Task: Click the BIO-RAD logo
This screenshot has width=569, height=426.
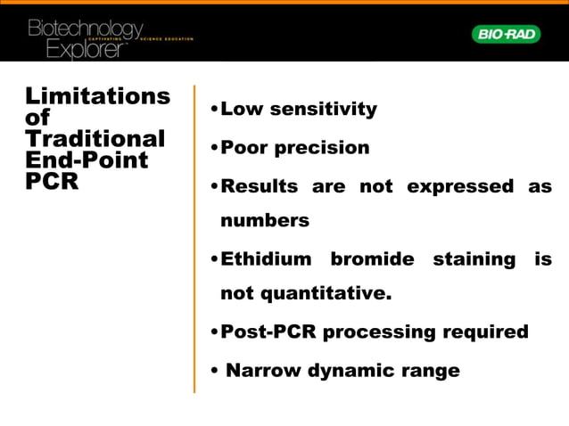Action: pos(506,34)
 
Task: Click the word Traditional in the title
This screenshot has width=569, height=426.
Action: pos(95,139)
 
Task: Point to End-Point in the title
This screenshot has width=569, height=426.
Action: pos(87,160)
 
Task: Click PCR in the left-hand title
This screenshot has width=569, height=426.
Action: pos(52,183)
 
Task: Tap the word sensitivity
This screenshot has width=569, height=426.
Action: pos(324,110)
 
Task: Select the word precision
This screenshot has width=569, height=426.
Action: pos(321,148)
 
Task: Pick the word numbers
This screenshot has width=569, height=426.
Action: pos(265,220)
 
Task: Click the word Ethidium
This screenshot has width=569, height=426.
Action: pos(266,259)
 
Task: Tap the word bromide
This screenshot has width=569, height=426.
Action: pos(372,259)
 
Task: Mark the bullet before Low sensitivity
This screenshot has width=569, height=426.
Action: pos(214,111)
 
